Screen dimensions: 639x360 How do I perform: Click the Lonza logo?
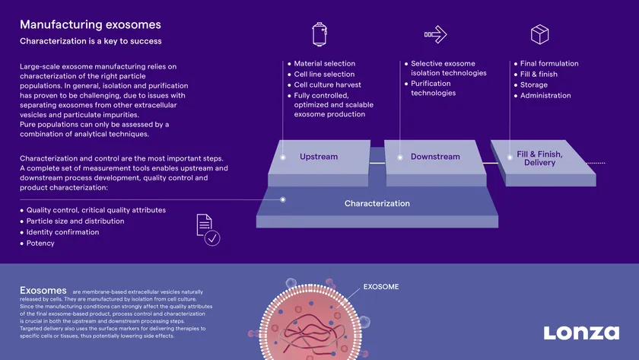pos(581,333)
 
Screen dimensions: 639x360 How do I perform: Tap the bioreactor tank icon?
pos(319,34)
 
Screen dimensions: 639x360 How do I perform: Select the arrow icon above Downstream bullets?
pos(435,34)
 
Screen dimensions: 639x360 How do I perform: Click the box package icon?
pos(539,34)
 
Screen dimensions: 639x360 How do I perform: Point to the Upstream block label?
pos(319,157)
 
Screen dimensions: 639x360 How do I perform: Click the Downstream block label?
pos(435,157)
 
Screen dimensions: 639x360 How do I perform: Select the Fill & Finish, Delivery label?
pos(539,158)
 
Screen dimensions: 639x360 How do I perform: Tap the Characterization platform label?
pos(377,203)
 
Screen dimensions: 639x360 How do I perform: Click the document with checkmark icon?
pos(208,230)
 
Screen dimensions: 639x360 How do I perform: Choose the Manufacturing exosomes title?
pos(91,24)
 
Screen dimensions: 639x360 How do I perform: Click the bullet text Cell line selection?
pos(324,74)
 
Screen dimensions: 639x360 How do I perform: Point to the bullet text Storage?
pos(534,84)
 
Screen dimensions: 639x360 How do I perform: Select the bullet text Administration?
pos(545,95)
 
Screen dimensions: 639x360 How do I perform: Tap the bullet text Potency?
pos(40,243)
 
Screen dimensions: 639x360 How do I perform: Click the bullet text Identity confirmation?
pos(62,232)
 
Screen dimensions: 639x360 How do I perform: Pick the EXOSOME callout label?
pos(381,287)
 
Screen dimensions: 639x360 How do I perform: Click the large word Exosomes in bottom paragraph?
pos(43,290)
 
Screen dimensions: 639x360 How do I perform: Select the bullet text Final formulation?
pos(549,64)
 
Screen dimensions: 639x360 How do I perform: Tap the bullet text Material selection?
pos(324,64)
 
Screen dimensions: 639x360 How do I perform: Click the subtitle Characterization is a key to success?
pos(91,41)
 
